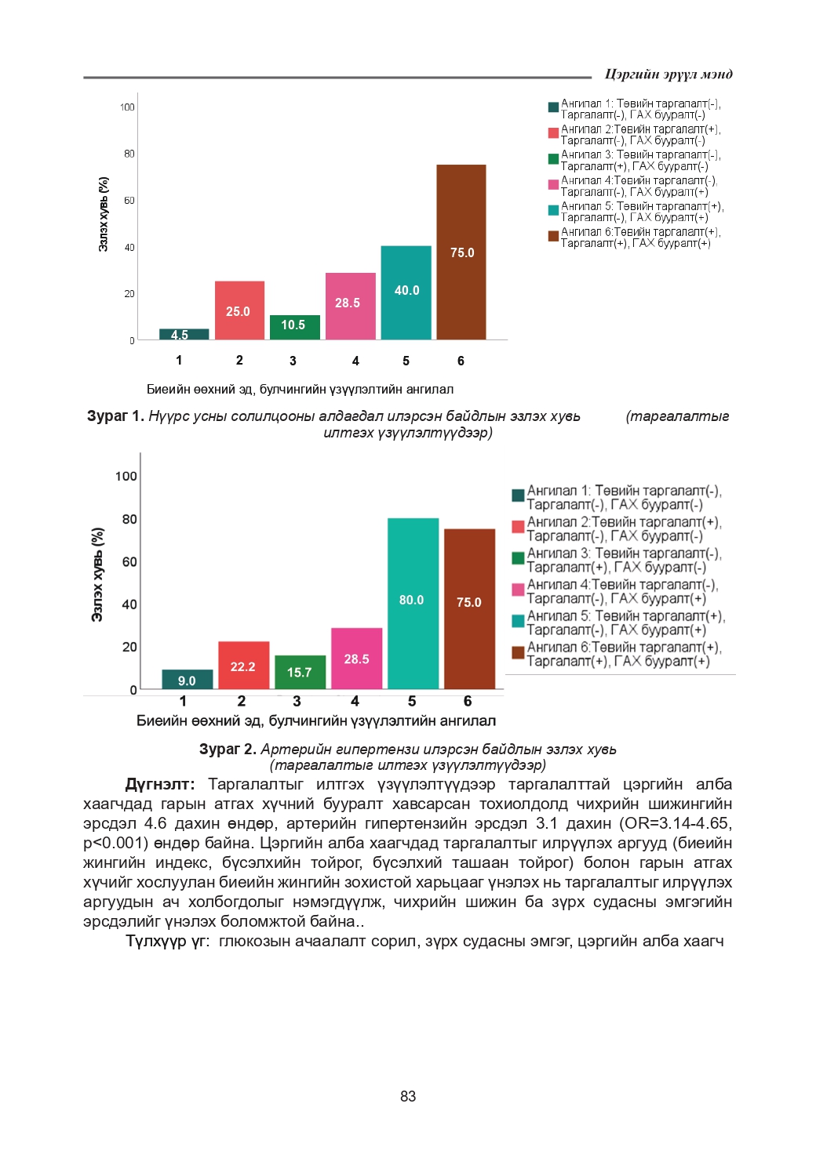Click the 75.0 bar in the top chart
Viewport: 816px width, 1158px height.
(461, 252)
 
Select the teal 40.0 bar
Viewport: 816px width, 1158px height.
(406, 292)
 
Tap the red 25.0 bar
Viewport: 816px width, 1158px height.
(239, 310)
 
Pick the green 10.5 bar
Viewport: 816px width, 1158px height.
(295, 327)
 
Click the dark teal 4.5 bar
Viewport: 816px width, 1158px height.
(184, 335)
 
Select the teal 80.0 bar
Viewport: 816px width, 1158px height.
(413, 603)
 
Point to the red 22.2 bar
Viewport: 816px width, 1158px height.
(243, 666)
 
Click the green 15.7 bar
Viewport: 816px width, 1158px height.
(300, 672)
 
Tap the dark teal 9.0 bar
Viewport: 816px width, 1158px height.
(187, 680)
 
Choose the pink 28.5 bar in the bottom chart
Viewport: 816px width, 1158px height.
(356, 659)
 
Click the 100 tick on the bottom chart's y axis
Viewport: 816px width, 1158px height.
(126, 476)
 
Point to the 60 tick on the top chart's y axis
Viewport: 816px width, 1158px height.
(129, 201)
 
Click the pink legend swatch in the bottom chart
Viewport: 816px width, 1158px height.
(518, 590)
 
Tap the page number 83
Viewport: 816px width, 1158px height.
(408, 1096)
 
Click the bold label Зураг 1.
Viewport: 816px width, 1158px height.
(115, 416)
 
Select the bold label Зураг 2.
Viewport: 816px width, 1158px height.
(228, 750)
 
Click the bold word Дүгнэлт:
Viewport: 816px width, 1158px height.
(160, 785)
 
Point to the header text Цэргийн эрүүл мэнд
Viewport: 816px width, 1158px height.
(668, 74)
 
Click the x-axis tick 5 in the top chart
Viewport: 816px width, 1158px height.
(406, 361)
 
